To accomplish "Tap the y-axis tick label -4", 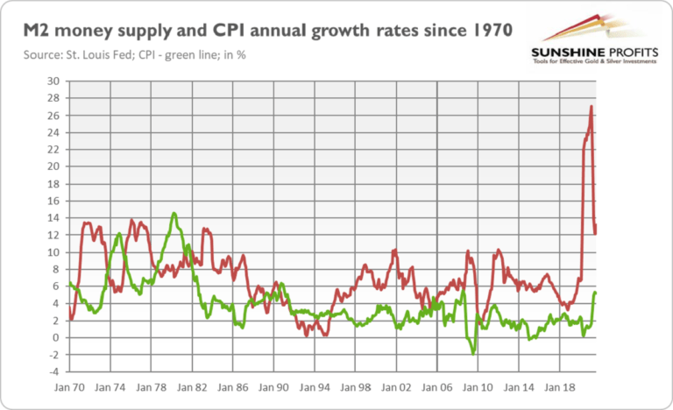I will click(53, 371).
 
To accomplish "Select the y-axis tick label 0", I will click(55, 337).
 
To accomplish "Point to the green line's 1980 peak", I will click(174, 213).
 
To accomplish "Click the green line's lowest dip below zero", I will click(473, 353).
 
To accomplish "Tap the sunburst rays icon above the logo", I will click(577, 28).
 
